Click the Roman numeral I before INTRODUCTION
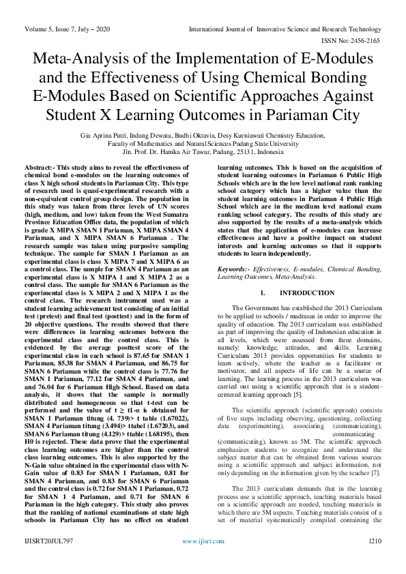(x=262, y=292)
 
